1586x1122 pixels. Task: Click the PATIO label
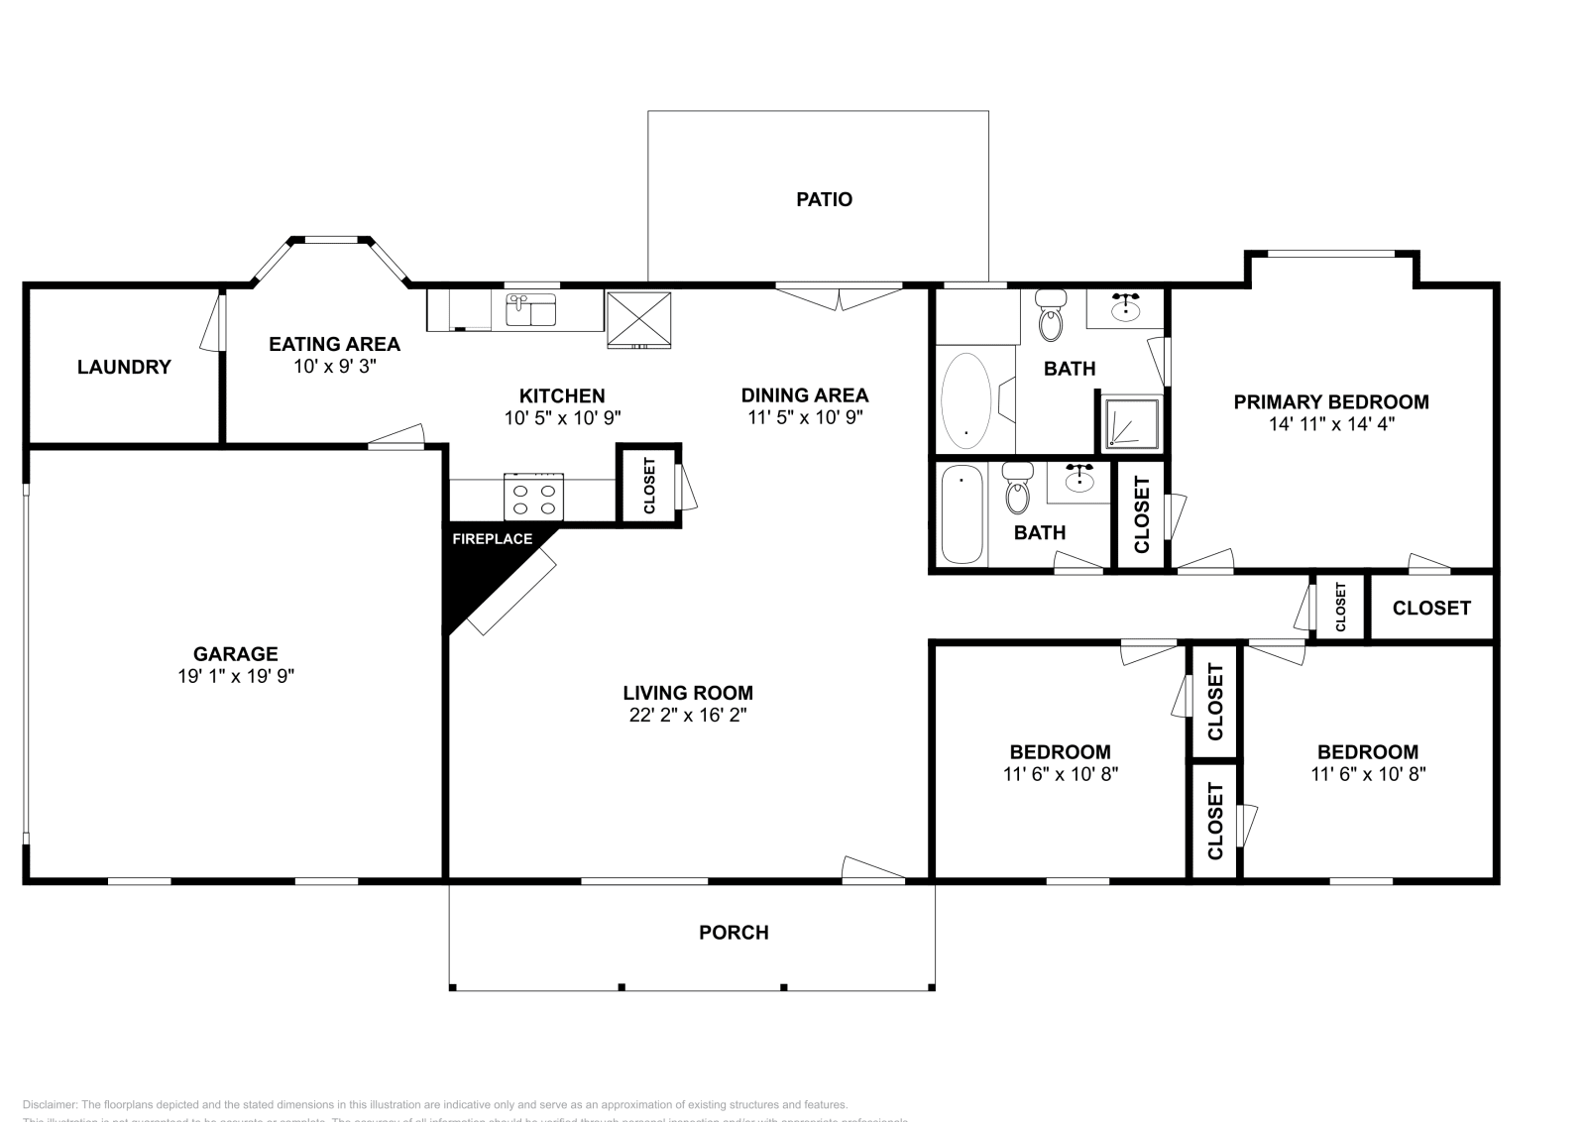pyautogui.click(x=824, y=199)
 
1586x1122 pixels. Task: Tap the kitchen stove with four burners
pyautogui.click(x=533, y=497)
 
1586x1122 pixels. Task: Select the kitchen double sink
pyautogui.click(x=531, y=310)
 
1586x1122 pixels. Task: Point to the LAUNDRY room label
pyautogui.click(x=124, y=367)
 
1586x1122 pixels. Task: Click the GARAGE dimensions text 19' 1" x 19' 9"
pyautogui.click(x=235, y=676)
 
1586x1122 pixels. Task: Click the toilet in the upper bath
pyautogui.click(x=1050, y=315)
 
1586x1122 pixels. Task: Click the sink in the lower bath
pyautogui.click(x=1079, y=481)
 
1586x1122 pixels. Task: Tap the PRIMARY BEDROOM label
pyautogui.click(x=1330, y=401)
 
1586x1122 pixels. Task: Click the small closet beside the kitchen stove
pyautogui.click(x=649, y=485)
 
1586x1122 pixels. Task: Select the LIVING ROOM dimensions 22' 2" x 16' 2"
pyautogui.click(x=687, y=715)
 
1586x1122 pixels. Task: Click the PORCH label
pyautogui.click(x=734, y=933)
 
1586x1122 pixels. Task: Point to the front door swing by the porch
pyautogui.click(x=872, y=867)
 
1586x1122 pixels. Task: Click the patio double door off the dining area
pyautogui.click(x=839, y=296)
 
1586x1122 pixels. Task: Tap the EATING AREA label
pyautogui.click(x=334, y=344)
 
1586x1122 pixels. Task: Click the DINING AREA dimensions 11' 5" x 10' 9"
pyautogui.click(x=804, y=417)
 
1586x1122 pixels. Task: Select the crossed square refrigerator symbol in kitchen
pyautogui.click(x=638, y=318)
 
